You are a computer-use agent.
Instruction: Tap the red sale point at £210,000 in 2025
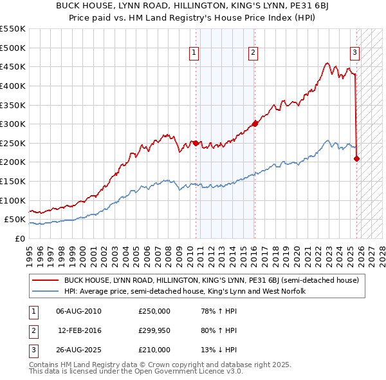(356, 158)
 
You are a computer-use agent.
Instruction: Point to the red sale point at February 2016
(255, 124)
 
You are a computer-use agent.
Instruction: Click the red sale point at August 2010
(196, 143)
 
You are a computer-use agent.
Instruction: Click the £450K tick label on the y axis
(13, 66)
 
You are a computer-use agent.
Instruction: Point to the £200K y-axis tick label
(13, 162)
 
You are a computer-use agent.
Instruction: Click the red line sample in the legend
(46, 280)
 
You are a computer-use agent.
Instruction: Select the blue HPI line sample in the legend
(46, 291)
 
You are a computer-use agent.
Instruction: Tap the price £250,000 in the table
(154, 311)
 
